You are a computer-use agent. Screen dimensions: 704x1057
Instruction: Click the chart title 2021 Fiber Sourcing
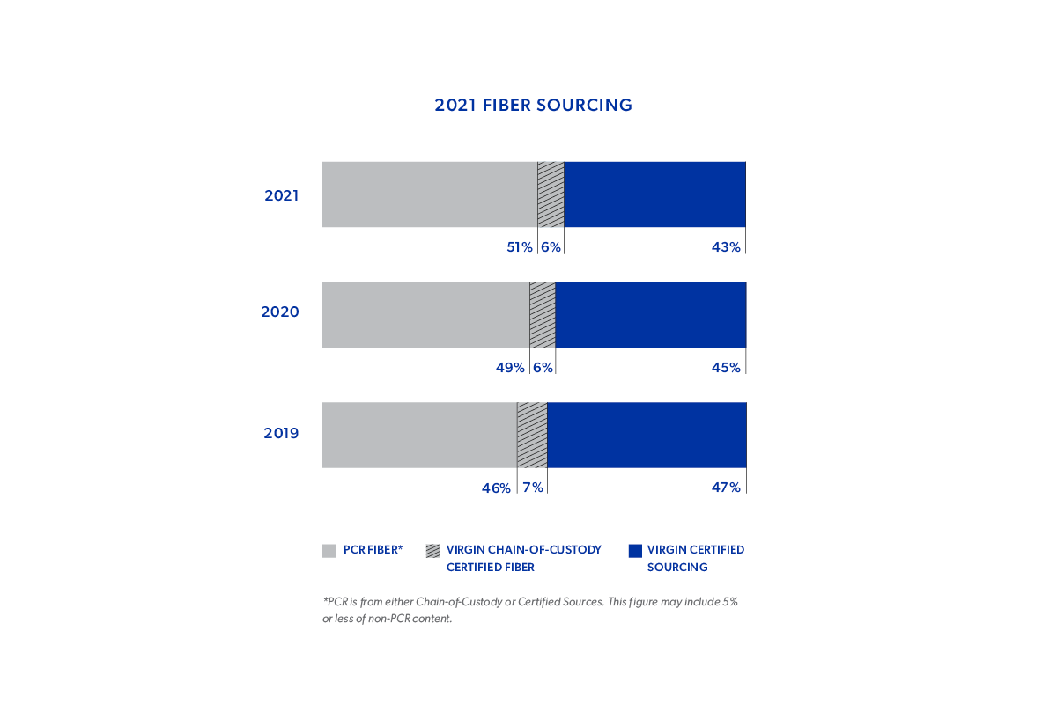pyautogui.click(x=533, y=106)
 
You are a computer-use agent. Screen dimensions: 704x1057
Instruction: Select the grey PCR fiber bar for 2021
pyautogui.click(x=429, y=194)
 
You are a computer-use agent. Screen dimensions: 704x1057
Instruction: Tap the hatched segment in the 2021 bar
pyautogui.click(x=551, y=194)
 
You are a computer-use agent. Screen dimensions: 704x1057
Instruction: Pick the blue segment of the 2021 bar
pyautogui.click(x=654, y=194)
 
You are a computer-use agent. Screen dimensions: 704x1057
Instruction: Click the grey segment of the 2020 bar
pyautogui.click(x=425, y=315)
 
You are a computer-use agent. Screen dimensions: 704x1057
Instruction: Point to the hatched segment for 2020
pyautogui.click(x=543, y=315)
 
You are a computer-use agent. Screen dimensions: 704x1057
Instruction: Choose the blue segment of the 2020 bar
pyautogui.click(x=651, y=315)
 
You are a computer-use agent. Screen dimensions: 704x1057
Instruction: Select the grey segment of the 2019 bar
pyautogui.click(x=419, y=435)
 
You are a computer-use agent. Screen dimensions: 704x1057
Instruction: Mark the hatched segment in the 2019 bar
pyautogui.click(x=532, y=435)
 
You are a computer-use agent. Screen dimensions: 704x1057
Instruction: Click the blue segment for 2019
pyautogui.click(x=647, y=435)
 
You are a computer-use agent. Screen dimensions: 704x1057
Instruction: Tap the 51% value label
pyautogui.click(x=520, y=247)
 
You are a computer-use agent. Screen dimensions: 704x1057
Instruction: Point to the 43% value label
pyautogui.click(x=726, y=247)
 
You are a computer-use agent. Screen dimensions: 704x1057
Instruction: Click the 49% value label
pyautogui.click(x=510, y=368)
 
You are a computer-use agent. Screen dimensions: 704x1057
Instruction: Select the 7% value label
pyautogui.click(x=532, y=488)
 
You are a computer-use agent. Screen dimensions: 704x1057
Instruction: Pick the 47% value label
pyautogui.click(x=726, y=488)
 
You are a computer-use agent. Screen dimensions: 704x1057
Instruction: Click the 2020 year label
pyautogui.click(x=280, y=312)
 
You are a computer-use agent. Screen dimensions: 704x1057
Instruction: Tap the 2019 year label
pyautogui.click(x=281, y=433)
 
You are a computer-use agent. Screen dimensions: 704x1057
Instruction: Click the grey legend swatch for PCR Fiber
pyautogui.click(x=329, y=551)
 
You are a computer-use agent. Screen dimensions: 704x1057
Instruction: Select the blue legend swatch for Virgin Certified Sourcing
pyautogui.click(x=635, y=551)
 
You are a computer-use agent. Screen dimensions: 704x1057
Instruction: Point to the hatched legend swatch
pyautogui.click(x=432, y=551)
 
